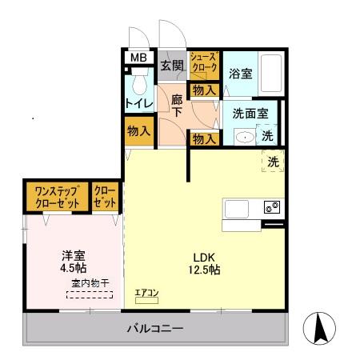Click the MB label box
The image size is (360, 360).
pyautogui.click(x=139, y=58)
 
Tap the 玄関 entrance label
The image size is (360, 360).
pyautogui.click(x=171, y=66)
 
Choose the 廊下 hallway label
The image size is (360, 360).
pyautogui.click(x=177, y=107)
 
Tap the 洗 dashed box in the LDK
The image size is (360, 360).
pyautogui.click(x=273, y=162)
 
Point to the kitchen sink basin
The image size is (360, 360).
pyautogui.click(x=238, y=208)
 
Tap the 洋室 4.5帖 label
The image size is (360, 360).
pyautogui.click(x=74, y=262)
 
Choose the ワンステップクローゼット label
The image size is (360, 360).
pyautogui.click(x=56, y=198)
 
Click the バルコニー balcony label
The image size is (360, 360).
pyautogui.click(x=156, y=329)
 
